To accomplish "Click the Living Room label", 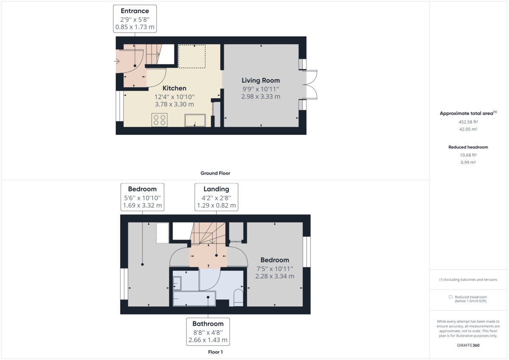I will pyautogui.click(x=260, y=80).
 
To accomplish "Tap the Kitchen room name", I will pyautogui.click(x=174, y=88).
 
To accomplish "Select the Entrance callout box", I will pyautogui.click(x=135, y=19).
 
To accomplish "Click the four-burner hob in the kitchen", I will pyautogui.click(x=159, y=120).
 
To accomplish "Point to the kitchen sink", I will pyautogui.click(x=195, y=120).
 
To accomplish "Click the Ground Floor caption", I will pyautogui.click(x=215, y=173).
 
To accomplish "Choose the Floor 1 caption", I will pyautogui.click(x=215, y=352).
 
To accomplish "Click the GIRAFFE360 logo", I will pyautogui.click(x=468, y=345).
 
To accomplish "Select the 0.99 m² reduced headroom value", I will pyautogui.click(x=468, y=162).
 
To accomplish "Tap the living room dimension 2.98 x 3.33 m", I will pyautogui.click(x=260, y=97).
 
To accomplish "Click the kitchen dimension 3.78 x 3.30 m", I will pyautogui.click(x=174, y=104).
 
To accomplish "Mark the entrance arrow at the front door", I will pyautogui.click(x=117, y=61).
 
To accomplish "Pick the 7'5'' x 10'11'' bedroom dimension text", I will pyautogui.click(x=274, y=268).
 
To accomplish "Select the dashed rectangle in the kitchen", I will pyautogui.click(x=191, y=56).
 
